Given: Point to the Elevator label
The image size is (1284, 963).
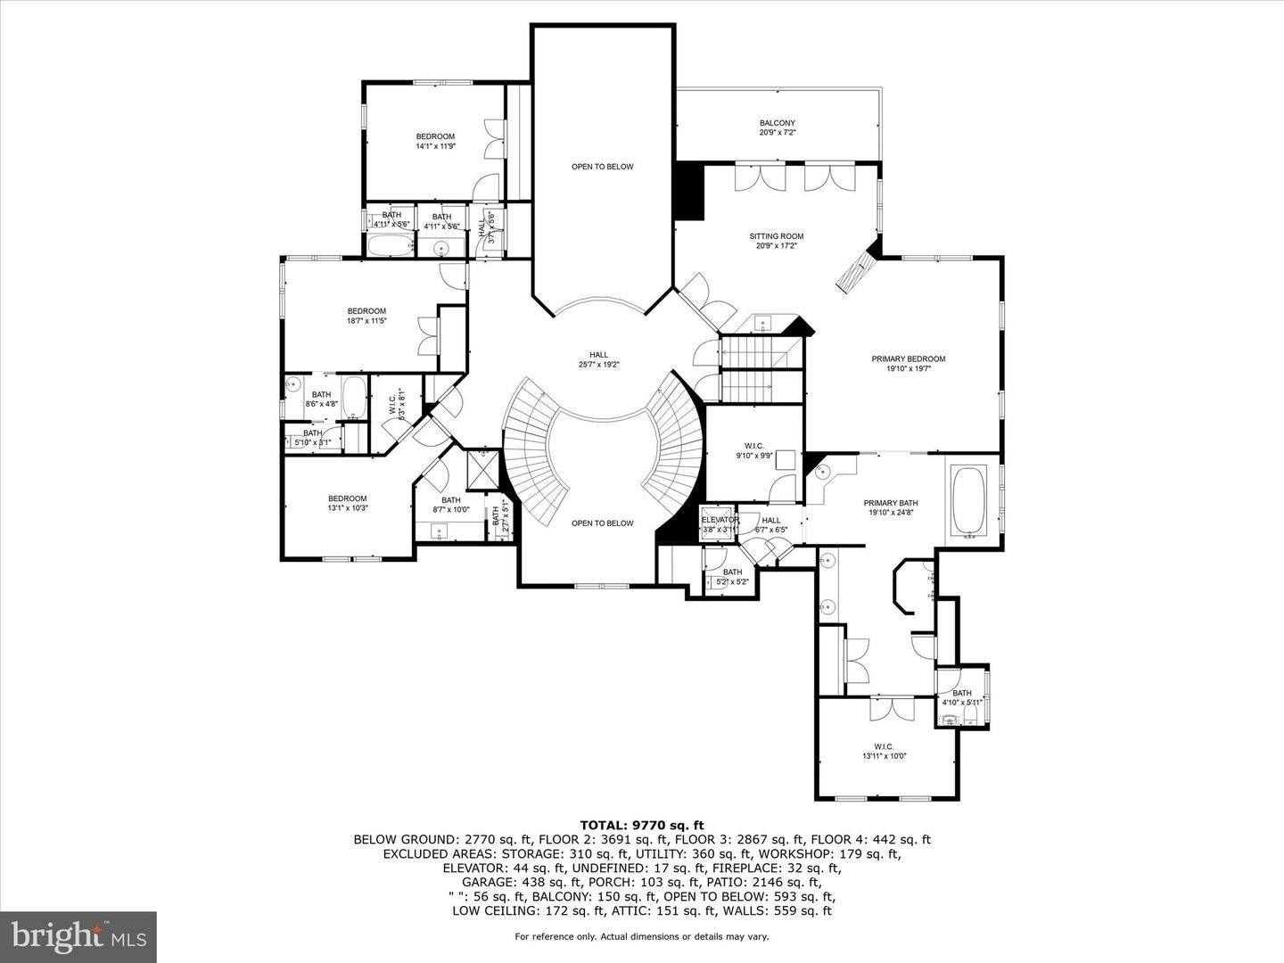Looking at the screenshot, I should point(720,521).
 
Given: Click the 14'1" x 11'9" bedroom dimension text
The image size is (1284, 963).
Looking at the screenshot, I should point(435,146).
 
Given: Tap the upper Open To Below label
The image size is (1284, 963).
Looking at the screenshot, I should point(602,167).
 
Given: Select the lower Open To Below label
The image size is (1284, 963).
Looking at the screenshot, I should point(602,523).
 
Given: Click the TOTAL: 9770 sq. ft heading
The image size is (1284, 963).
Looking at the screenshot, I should point(641,825).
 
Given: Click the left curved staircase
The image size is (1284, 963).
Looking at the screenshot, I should point(532,455).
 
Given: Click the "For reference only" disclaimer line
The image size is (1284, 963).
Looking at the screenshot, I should point(641,936).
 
